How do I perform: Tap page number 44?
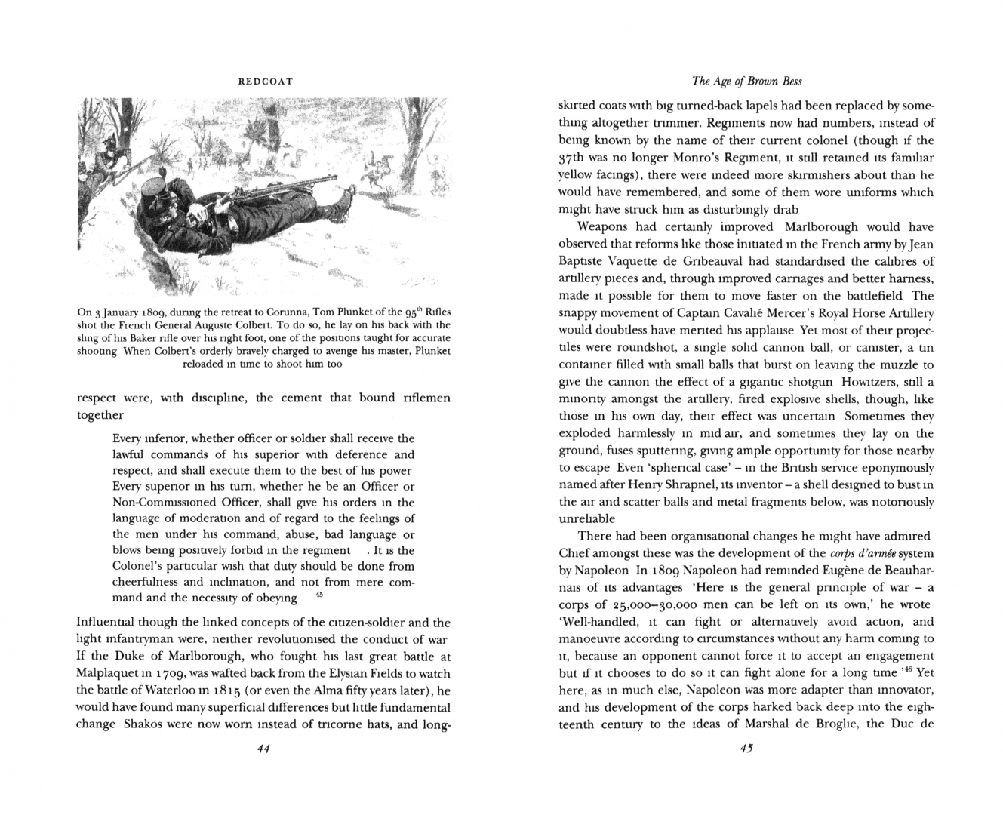tap(263, 749)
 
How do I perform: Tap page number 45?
tap(746, 749)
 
